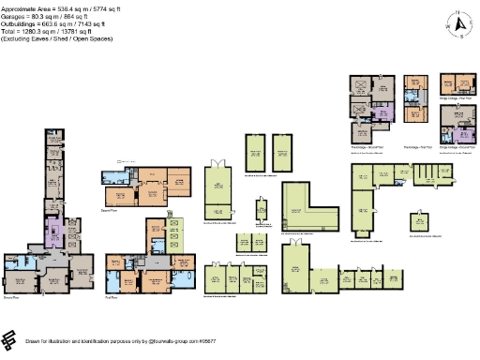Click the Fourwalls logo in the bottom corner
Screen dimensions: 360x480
tap(10, 339)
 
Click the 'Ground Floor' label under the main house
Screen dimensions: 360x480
tap(12, 297)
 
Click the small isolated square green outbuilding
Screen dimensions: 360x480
tap(418, 222)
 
